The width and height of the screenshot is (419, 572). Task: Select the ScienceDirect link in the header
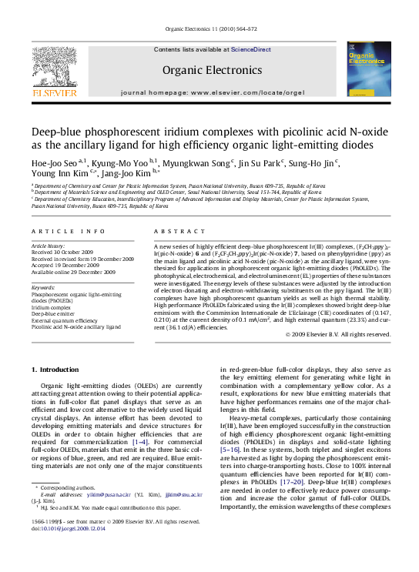tap(251, 49)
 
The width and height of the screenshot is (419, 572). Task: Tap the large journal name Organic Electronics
tap(209, 70)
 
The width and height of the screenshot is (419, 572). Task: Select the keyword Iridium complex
tap(52, 306)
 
